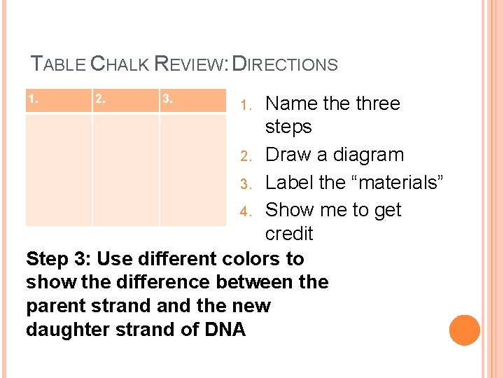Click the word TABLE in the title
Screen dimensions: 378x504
pyautogui.click(x=59, y=64)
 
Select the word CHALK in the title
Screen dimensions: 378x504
pyautogui.click(x=120, y=64)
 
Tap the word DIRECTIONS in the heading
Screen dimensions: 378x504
pyautogui.click(x=285, y=64)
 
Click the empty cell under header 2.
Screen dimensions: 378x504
pyautogui.click(x=125, y=170)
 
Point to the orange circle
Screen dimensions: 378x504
pyautogui.click(x=465, y=330)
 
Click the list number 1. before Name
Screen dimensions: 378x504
pyautogui.click(x=244, y=105)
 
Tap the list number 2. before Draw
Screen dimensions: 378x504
pyautogui.click(x=244, y=156)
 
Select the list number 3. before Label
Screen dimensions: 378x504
pyautogui.click(x=244, y=183)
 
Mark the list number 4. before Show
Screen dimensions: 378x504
pyautogui.click(x=244, y=211)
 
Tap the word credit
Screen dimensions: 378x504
pyautogui.click(x=289, y=233)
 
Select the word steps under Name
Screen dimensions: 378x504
pyautogui.click(x=288, y=127)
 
